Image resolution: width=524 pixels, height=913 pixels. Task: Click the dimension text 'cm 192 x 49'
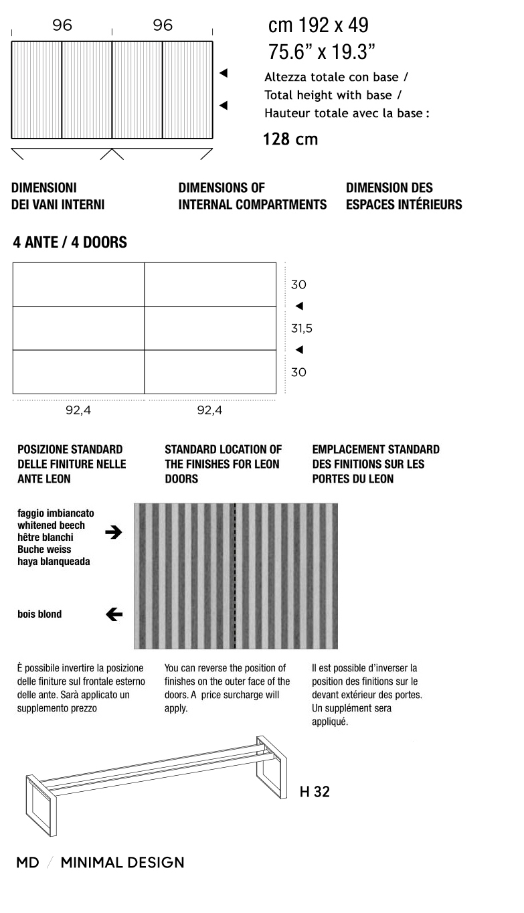318,26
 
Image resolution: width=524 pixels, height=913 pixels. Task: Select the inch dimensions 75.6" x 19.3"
321,52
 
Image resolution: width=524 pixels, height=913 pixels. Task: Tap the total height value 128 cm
290,139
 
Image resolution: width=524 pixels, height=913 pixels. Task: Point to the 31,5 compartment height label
301,329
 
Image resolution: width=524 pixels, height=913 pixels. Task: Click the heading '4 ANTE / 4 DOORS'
70,243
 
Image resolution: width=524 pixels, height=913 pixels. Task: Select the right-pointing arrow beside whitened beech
114,533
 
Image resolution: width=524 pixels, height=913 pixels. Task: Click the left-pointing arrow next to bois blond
114,614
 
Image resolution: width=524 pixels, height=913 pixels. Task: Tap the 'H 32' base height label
315,792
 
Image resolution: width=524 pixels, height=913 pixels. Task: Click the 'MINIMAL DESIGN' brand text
122,863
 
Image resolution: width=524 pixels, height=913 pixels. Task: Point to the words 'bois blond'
39,614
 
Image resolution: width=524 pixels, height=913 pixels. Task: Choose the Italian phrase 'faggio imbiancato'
56,513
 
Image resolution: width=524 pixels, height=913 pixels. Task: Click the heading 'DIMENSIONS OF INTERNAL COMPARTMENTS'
252,196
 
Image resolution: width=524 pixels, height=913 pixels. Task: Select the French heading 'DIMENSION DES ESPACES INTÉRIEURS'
404,196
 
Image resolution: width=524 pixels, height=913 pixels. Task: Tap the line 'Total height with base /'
333,95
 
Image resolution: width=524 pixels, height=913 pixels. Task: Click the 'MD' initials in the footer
27,863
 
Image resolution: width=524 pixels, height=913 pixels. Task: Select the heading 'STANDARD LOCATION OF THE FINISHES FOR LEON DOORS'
223,464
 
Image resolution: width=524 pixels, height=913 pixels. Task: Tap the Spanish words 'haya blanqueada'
54,562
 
